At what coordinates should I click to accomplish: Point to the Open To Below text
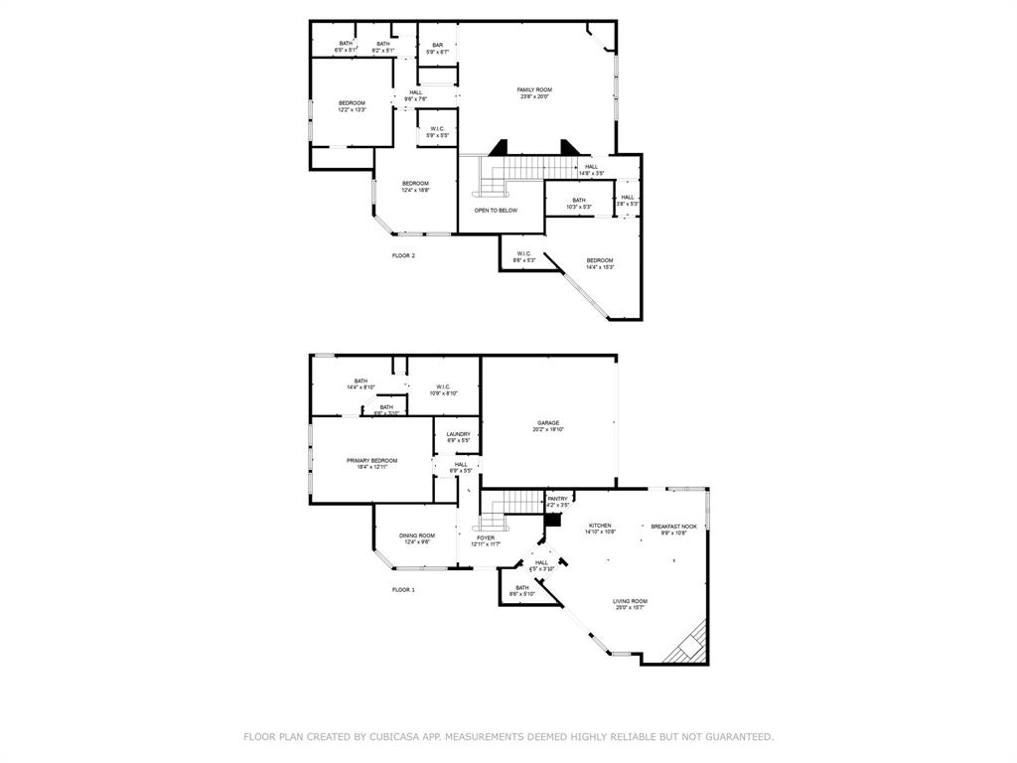coord(496,211)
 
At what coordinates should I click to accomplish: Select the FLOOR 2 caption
coord(403,255)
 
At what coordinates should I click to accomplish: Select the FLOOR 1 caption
coord(403,589)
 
